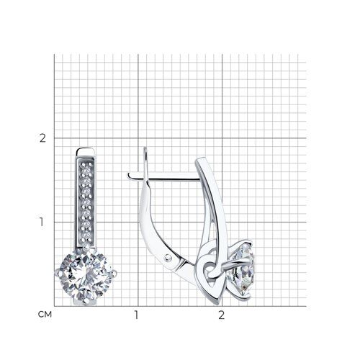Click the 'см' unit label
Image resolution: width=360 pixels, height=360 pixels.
[45, 314]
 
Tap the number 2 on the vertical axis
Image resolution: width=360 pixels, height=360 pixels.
[42, 138]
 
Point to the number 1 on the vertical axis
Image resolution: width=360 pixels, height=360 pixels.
[42, 222]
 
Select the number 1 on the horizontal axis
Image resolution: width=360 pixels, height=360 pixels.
[136, 315]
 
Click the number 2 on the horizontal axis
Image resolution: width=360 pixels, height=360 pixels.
[221, 315]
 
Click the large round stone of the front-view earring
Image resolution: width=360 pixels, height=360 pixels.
[85, 274]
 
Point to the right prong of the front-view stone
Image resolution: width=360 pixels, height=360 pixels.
[114, 274]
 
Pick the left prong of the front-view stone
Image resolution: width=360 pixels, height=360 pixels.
[58, 272]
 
